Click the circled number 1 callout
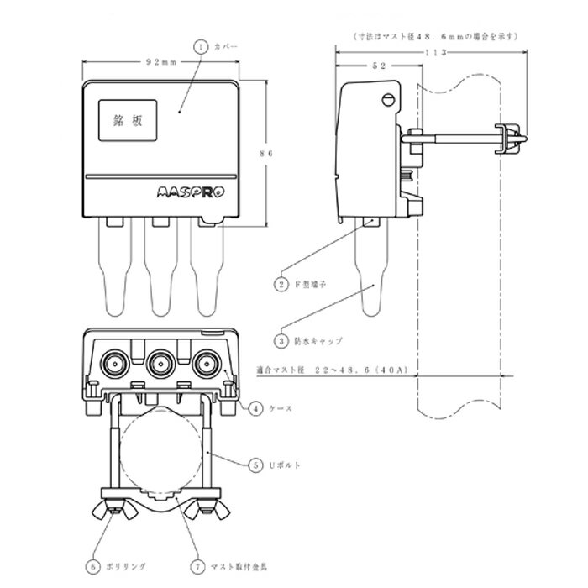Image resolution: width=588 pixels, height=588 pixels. coord(199,48)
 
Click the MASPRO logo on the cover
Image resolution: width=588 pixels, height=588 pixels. coord(192,191)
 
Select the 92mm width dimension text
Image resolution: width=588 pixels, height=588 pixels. coord(160,62)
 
